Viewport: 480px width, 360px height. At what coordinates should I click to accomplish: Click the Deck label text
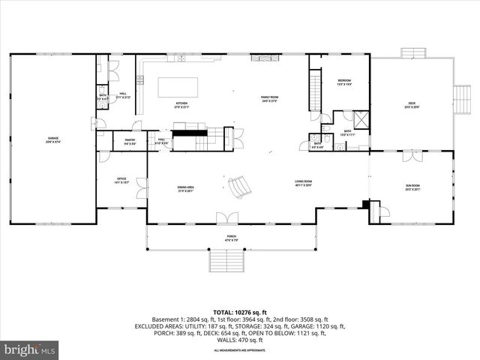412,104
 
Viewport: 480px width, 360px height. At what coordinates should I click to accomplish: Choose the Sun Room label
412,185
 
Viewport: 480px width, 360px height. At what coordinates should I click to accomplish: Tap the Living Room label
303,182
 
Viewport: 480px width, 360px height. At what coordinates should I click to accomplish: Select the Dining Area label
186,189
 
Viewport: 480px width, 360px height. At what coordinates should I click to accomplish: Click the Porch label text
232,238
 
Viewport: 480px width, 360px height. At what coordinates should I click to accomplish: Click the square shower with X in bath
361,120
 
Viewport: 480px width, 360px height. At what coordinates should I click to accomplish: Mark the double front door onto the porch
227,218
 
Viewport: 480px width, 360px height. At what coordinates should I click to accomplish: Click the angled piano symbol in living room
238,187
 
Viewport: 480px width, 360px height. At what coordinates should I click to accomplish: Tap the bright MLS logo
31,349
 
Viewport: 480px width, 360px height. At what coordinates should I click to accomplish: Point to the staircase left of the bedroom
315,91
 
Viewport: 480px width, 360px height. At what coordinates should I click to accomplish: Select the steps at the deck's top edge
412,52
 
